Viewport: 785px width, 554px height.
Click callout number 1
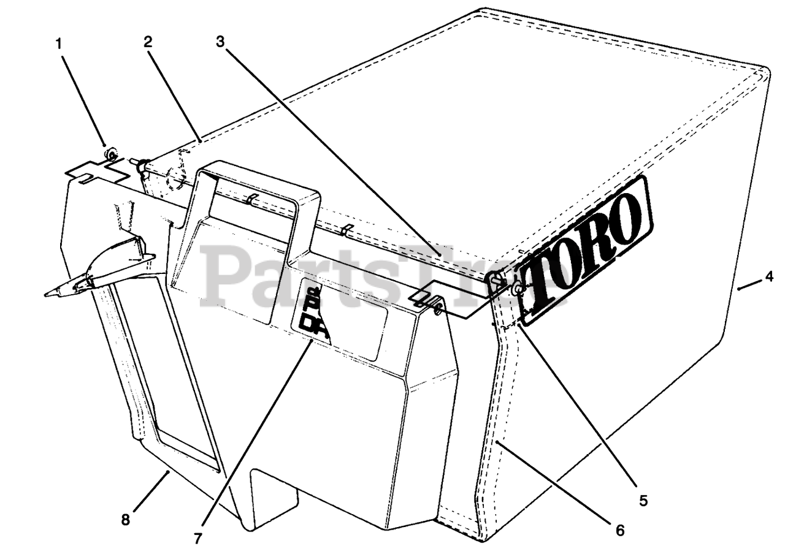59,44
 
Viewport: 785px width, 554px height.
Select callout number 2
148,42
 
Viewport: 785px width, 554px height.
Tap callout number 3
221,42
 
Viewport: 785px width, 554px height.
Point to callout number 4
769,276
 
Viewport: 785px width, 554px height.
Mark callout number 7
197,539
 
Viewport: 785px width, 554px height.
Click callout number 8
125,520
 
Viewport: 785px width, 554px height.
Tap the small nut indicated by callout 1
111,153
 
